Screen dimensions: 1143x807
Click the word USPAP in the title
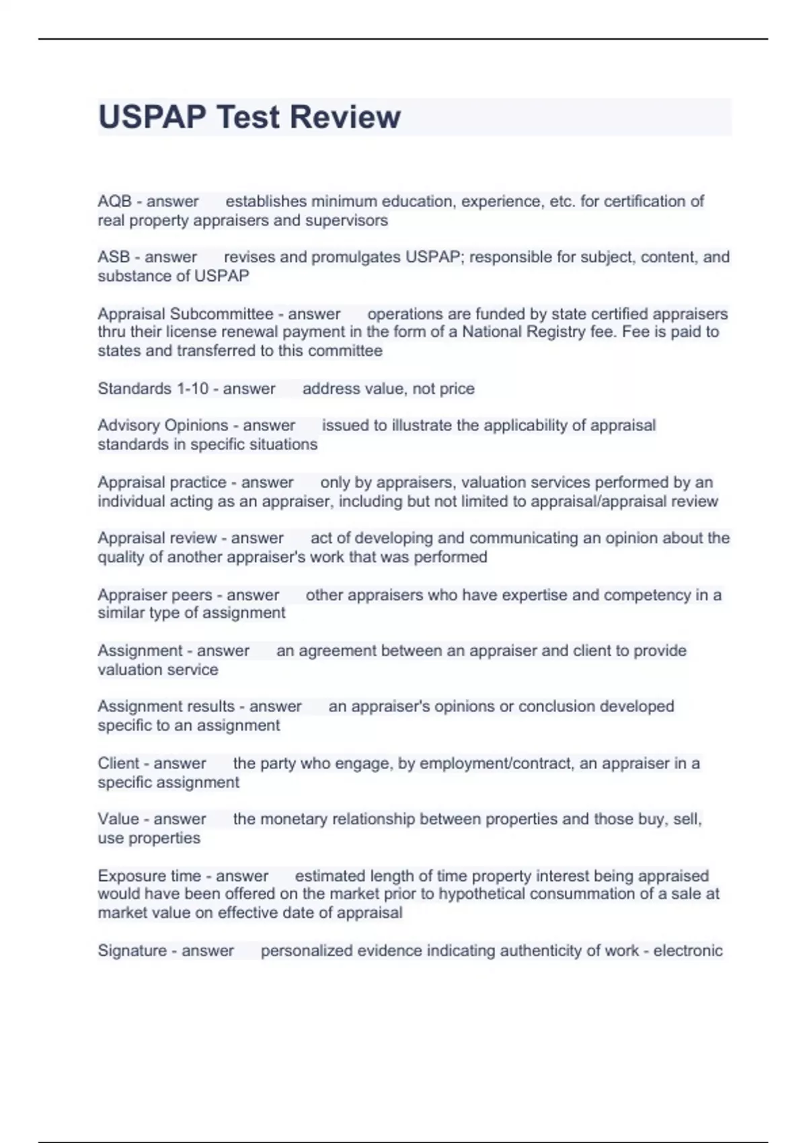[152, 117]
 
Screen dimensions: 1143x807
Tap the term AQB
[114, 202]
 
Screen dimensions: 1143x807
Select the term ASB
[114, 258]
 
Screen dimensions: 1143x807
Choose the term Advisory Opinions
[163, 426]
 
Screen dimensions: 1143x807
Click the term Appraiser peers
[157, 595]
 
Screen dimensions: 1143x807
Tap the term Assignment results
[166, 707]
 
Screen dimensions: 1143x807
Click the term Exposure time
[149, 876]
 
